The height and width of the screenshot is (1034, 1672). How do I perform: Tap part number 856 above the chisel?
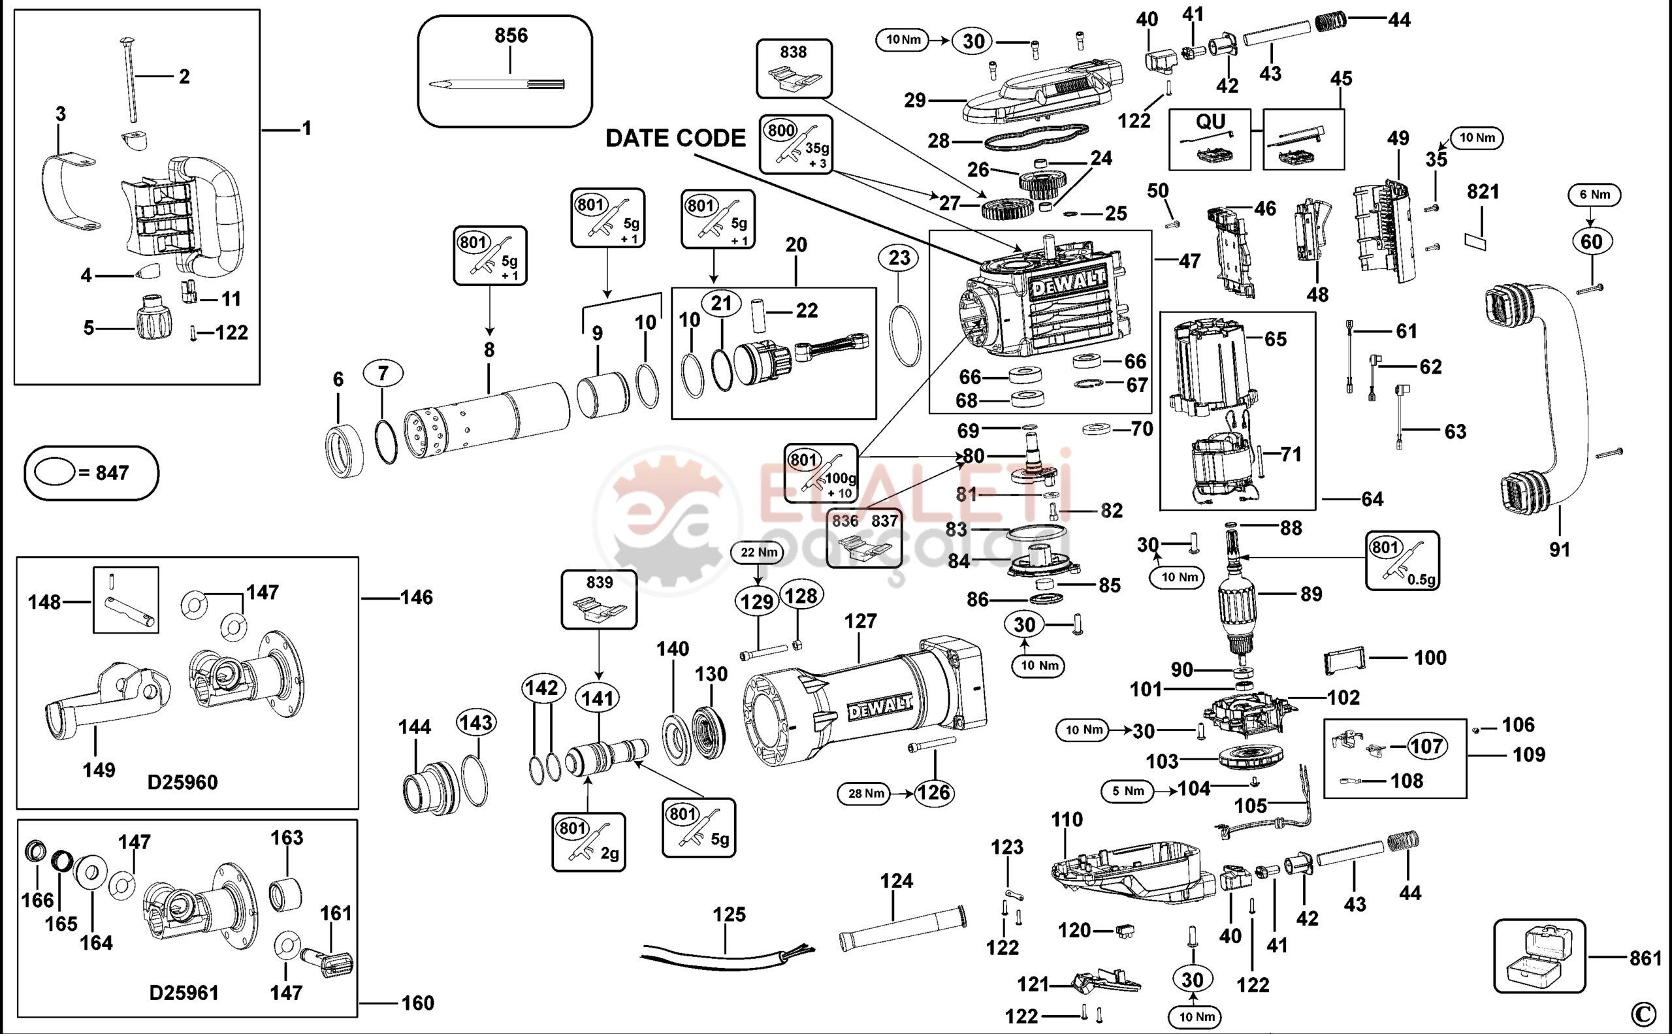click(x=511, y=35)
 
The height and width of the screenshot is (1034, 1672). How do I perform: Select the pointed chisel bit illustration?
click(x=497, y=84)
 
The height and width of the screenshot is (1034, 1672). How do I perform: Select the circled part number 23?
click(x=899, y=258)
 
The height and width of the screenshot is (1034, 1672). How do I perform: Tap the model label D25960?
click(x=183, y=782)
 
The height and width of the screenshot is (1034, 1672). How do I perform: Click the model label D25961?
click(x=184, y=992)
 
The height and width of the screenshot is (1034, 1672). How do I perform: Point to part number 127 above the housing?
click(x=860, y=621)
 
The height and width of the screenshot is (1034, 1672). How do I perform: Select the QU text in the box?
click(x=1210, y=122)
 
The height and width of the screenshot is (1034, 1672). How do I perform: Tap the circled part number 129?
click(x=757, y=602)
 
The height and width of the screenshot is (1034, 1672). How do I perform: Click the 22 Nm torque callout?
click(x=757, y=553)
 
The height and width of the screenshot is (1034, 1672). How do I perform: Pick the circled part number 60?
click(x=1591, y=242)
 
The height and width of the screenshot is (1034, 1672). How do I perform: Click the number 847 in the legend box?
click(x=112, y=472)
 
